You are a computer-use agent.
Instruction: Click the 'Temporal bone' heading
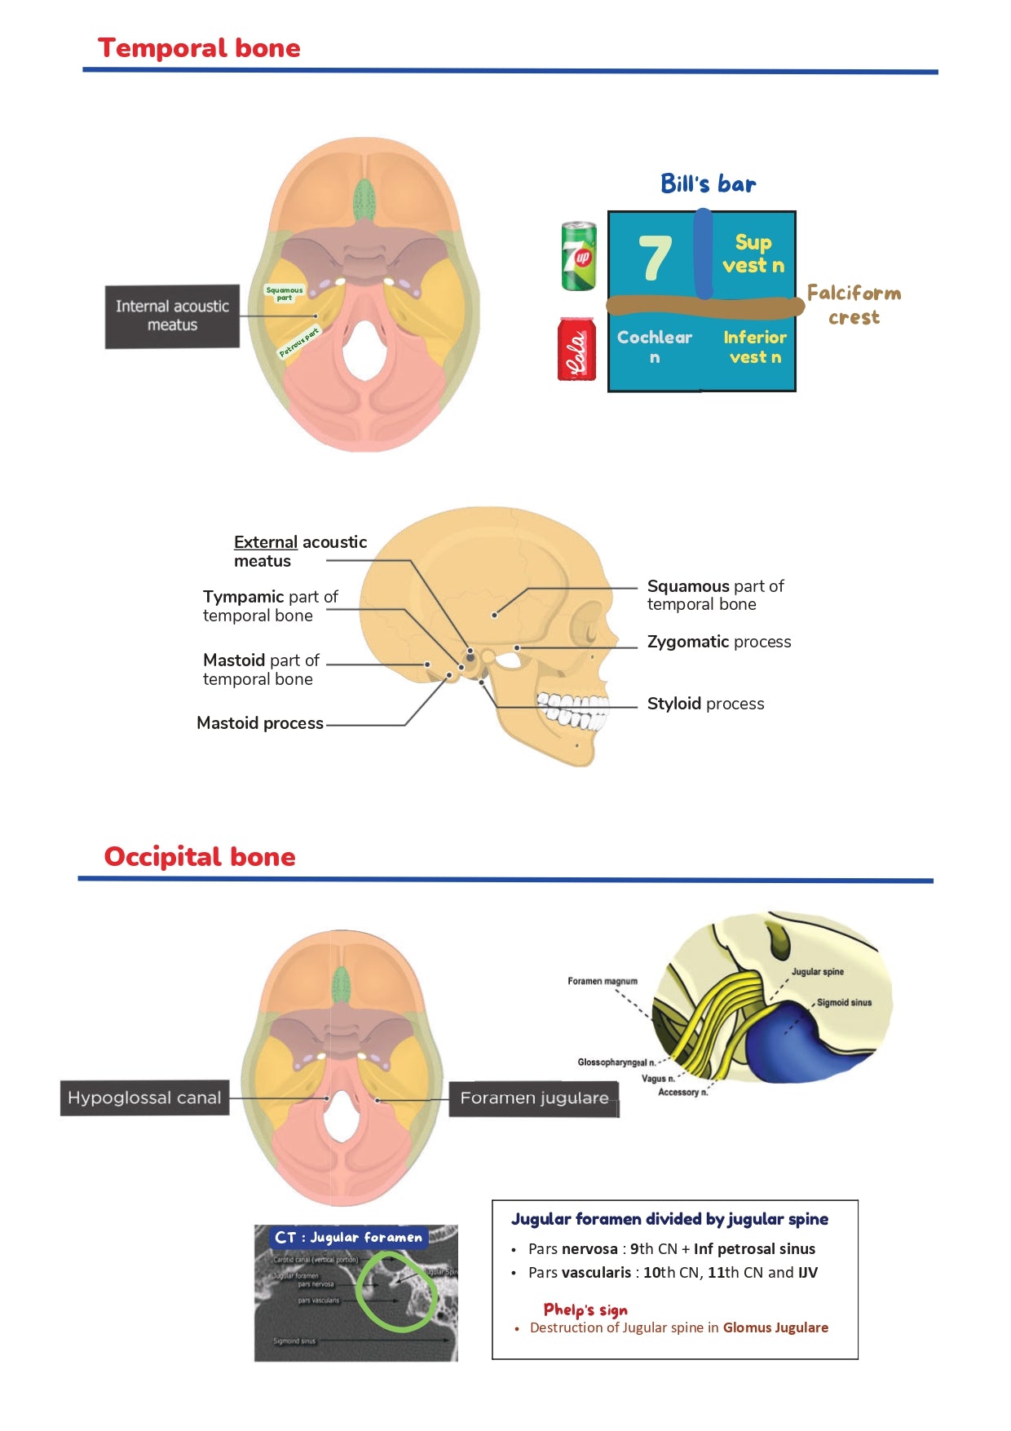pyautogui.click(x=199, y=48)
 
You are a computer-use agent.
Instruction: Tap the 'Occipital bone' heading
pyautogui.click(x=200, y=857)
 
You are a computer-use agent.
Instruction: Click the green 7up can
pyautogui.click(x=579, y=256)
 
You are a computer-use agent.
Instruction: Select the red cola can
pyautogui.click(x=576, y=349)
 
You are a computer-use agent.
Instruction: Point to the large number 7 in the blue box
pyautogui.click(x=655, y=258)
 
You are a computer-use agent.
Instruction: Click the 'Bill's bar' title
pyautogui.click(x=708, y=184)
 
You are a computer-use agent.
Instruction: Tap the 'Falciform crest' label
pyautogui.click(x=854, y=305)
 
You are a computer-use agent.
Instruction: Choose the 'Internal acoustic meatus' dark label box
pyautogui.click(x=172, y=316)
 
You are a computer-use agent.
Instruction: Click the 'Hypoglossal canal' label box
pyautogui.click(x=144, y=1098)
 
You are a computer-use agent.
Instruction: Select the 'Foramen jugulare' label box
pyautogui.click(x=534, y=1098)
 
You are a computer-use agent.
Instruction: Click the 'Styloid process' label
pyautogui.click(x=705, y=704)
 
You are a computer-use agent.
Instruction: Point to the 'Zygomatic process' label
pyautogui.click(x=718, y=642)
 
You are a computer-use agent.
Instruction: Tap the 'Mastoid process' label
pyautogui.click(x=260, y=723)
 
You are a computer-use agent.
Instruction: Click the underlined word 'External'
pyautogui.click(x=265, y=542)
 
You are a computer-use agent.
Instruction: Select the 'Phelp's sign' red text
pyautogui.click(x=585, y=1310)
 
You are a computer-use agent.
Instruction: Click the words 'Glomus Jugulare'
pyautogui.click(x=775, y=1327)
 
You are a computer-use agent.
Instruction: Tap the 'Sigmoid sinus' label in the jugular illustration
pyautogui.click(x=844, y=1003)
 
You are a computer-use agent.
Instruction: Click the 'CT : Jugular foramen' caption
pyautogui.click(x=348, y=1237)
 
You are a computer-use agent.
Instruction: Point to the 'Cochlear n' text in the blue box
pyautogui.click(x=654, y=347)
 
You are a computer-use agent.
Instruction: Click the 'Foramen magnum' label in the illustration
pyautogui.click(x=603, y=981)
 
